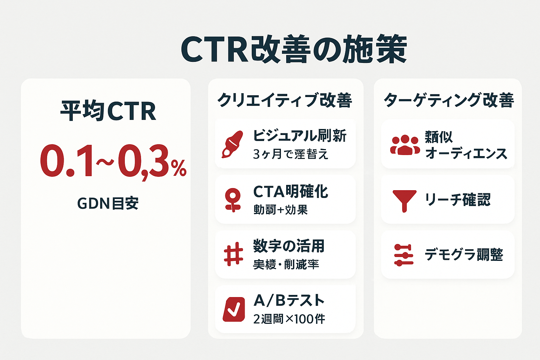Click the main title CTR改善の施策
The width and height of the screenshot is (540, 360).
tap(294, 50)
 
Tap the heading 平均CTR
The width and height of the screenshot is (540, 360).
tap(108, 111)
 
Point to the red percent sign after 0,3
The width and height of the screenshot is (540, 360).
tap(179, 168)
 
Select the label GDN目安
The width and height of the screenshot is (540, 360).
tap(108, 203)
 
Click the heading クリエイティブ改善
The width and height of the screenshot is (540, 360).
tap(285, 100)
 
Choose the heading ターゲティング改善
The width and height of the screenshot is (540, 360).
tap(449, 100)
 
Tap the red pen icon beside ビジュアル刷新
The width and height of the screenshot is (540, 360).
tap(232, 144)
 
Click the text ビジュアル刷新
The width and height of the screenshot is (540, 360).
tap(300, 136)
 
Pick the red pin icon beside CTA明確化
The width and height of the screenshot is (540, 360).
tap(233, 200)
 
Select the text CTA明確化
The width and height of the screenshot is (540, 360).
tap(291, 192)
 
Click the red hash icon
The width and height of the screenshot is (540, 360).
tap(233, 254)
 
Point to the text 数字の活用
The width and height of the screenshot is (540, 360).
tap(289, 246)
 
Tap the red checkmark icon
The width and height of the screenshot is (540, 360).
tap(234, 309)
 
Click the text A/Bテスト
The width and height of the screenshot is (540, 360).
tap(289, 301)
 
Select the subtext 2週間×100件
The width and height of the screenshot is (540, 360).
tap(289, 319)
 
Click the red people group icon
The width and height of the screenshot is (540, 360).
tap(405, 145)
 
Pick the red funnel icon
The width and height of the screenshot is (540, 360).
tap(404, 200)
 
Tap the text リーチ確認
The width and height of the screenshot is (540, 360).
tap(457, 200)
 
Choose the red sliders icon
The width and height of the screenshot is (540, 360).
tap(404, 255)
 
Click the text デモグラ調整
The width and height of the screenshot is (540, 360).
tap(464, 255)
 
